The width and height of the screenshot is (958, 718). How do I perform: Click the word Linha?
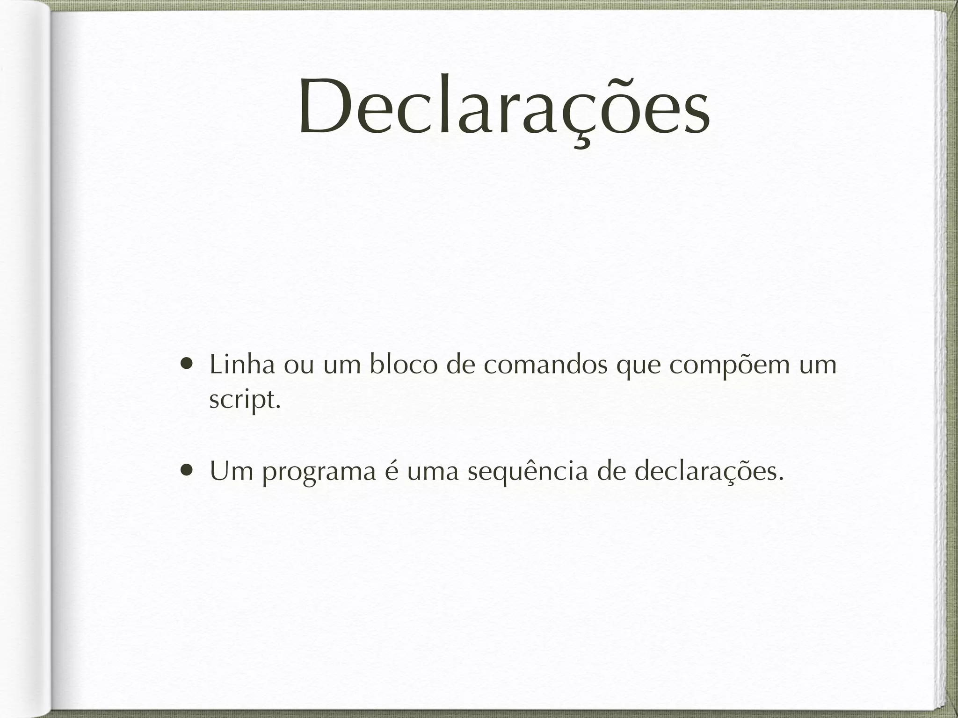242,365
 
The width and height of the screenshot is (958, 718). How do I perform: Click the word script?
245,400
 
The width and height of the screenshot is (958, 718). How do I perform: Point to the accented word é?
391,471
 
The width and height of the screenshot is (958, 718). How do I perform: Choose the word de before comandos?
460,365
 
